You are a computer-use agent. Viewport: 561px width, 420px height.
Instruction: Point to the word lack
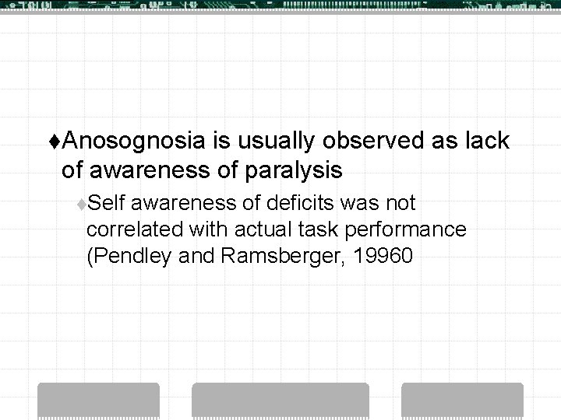tap(486, 142)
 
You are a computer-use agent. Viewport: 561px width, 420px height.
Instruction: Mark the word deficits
tap(300, 204)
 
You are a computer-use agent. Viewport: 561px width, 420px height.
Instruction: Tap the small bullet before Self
tap(82, 205)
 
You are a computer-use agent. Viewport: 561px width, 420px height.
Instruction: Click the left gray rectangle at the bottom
tap(120, 401)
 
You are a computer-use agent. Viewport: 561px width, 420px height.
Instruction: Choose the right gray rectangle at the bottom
tap(461, 401)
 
